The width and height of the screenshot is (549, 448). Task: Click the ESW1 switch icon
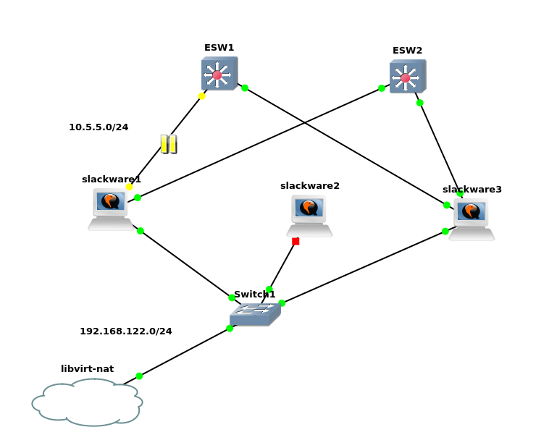(x=219, y=74)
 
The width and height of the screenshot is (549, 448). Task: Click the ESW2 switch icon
(x=407, y=77)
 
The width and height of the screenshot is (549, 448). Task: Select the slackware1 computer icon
(x=110, y=208)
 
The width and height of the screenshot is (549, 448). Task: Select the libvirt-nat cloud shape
(x=87, y=402)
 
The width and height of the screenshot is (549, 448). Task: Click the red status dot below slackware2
(x=296, y=241)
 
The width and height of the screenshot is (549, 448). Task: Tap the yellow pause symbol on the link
(x=169, y=144)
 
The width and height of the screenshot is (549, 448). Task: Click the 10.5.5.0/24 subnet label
(x=99, y=127)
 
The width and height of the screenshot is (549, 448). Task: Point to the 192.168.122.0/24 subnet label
(x=126, y=331)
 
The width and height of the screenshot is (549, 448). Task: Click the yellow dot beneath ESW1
(x=202, y=96)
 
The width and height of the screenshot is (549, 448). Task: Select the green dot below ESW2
(x=420, y=103)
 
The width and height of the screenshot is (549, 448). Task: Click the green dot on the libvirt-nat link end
(x=139, y=376)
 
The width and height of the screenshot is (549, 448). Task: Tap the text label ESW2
(x=407, y=51)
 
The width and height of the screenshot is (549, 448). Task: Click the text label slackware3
(x=472, y=190)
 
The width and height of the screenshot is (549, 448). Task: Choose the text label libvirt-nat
(x=87, y=369)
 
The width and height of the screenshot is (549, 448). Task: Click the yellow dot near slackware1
(x=130, y=187)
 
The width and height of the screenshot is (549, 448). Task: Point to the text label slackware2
(x=310, y=186)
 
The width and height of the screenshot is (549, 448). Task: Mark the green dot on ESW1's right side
(x=245, y=88)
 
